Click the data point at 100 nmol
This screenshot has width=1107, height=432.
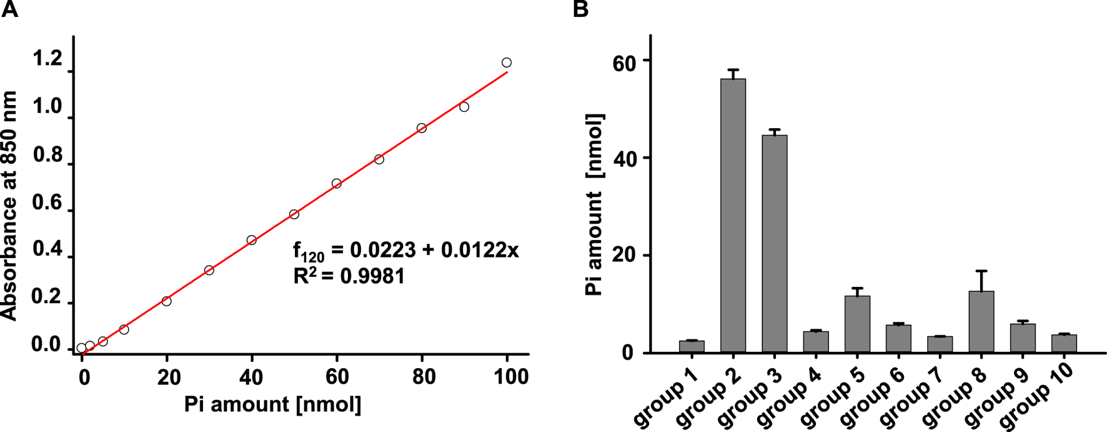click(x=507, y=63)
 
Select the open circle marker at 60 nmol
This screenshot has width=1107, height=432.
click(x=337, y=184)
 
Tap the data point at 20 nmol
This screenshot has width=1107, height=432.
click(x=166, y=301)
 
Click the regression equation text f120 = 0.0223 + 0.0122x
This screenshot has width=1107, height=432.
click(x=406, y=251)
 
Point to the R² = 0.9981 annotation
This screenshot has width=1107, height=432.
click(x=349, y=276)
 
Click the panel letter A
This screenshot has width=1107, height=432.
click(x=9, y=9)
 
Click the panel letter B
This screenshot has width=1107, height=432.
click(x=580, y=9)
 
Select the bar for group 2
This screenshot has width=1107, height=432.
click(x=733, y=216)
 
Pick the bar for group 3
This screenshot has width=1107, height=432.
click(x=774, y=244)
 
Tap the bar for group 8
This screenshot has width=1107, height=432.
click(x=981, y=322)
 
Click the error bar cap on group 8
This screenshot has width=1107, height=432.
click(x=981, y=271)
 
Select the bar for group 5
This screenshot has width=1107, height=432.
click(x=857, y=324)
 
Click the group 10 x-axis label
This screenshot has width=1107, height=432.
click(x=1038, y=396)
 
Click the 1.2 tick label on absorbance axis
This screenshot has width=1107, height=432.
click(x=48, y=59)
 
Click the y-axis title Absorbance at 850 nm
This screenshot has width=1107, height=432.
click(x=9, y=206)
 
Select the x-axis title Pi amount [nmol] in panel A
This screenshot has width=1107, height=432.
click(x=273, y=404)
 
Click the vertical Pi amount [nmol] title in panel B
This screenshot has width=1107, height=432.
click(x=594, y=205)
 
